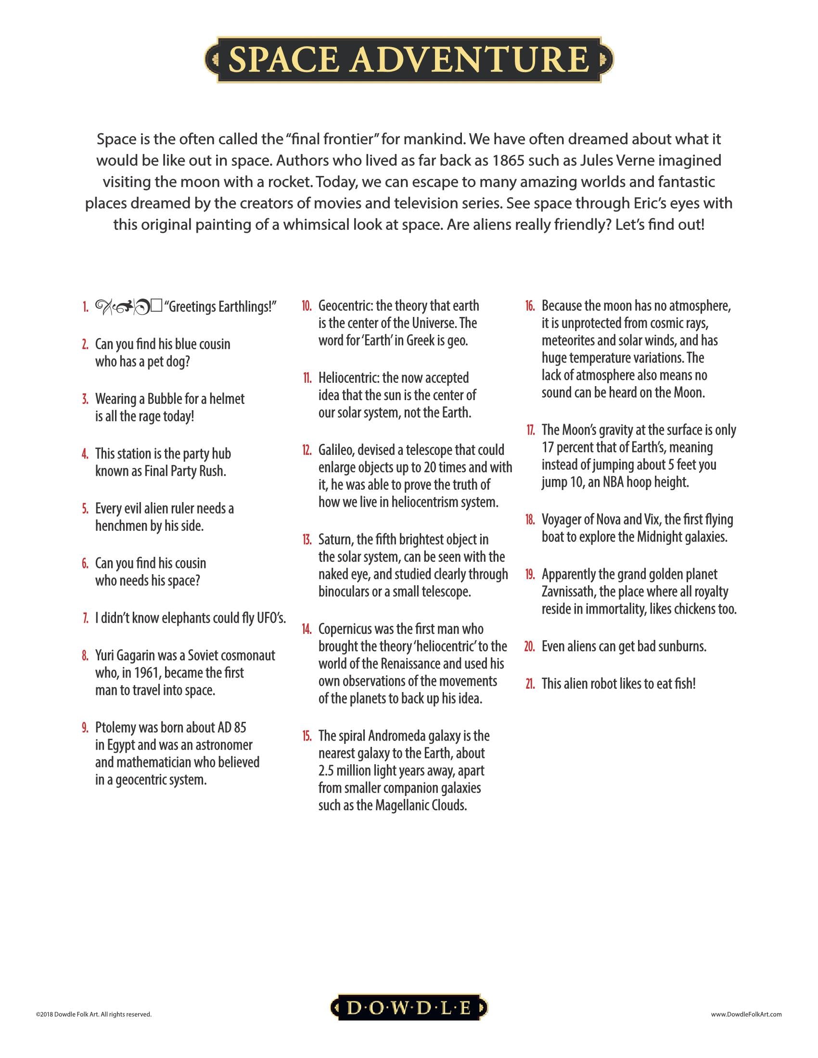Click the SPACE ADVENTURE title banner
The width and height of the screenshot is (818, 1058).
pyautogui.click(x=409, y=59)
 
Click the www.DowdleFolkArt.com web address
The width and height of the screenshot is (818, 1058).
pyautogui.click(x=746, y=1014)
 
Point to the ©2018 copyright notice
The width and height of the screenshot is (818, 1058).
pyautogui.click(x=93, y=1014)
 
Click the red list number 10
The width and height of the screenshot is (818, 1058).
pyautogui.click(x=306, y=306)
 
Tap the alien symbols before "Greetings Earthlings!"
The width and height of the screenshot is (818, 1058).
pyautogui.click(x=128, y=306)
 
